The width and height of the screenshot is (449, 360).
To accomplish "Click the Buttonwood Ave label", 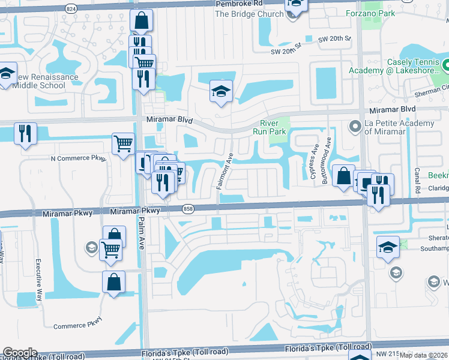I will tap(327, 155).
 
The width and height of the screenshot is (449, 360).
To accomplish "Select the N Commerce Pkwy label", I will tap(79, 158).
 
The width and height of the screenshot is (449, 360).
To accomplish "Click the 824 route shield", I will tap(71, 9).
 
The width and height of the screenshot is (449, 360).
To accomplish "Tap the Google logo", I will tap(20, 353).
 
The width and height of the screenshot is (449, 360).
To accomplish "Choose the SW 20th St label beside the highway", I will tap(334, 38).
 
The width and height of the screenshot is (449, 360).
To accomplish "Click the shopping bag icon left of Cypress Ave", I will tap(343, 176).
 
